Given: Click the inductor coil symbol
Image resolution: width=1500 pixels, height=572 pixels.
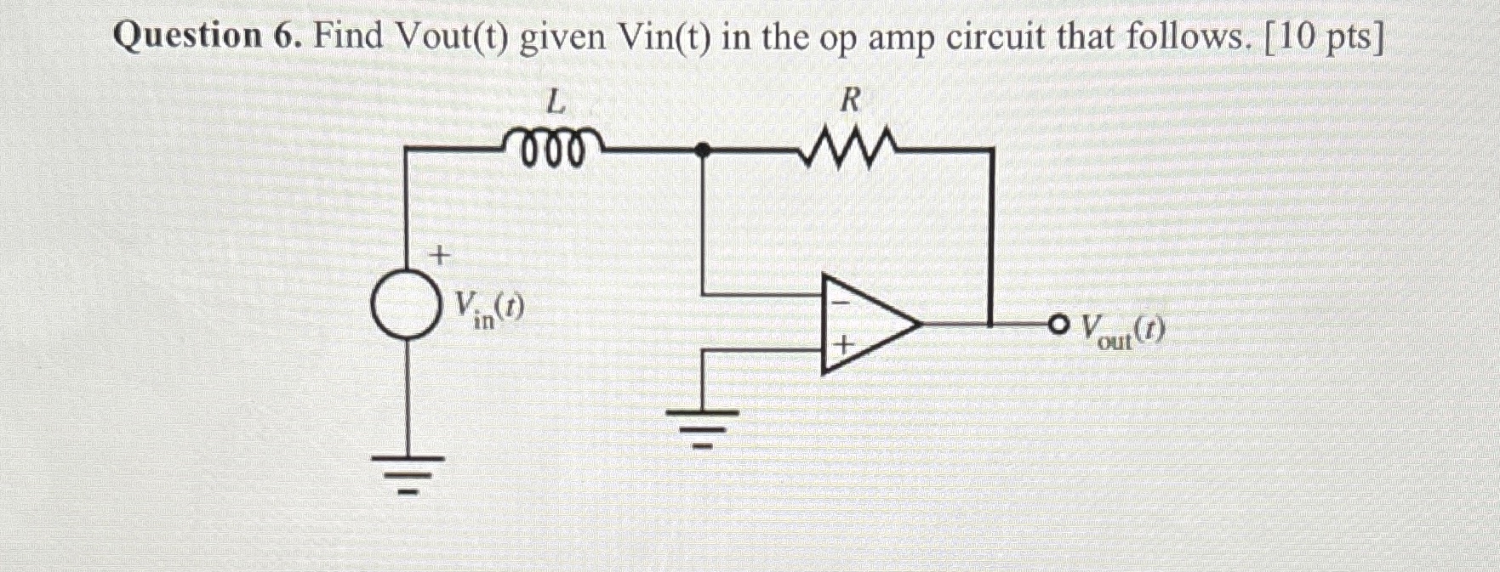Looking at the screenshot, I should coord(555,147).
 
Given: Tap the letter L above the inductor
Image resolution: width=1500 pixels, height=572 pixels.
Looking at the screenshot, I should coord(555,104).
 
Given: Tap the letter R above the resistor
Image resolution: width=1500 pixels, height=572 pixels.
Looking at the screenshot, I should coord(849,101).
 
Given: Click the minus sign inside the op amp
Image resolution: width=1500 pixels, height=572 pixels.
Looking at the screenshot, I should coord(838,300).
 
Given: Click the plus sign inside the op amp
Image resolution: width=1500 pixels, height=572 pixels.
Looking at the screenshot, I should coord(842,346).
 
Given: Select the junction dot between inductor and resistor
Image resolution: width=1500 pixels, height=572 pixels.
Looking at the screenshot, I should coord(702,150).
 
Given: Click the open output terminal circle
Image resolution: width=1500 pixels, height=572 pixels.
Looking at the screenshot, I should coord(1058,324).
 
